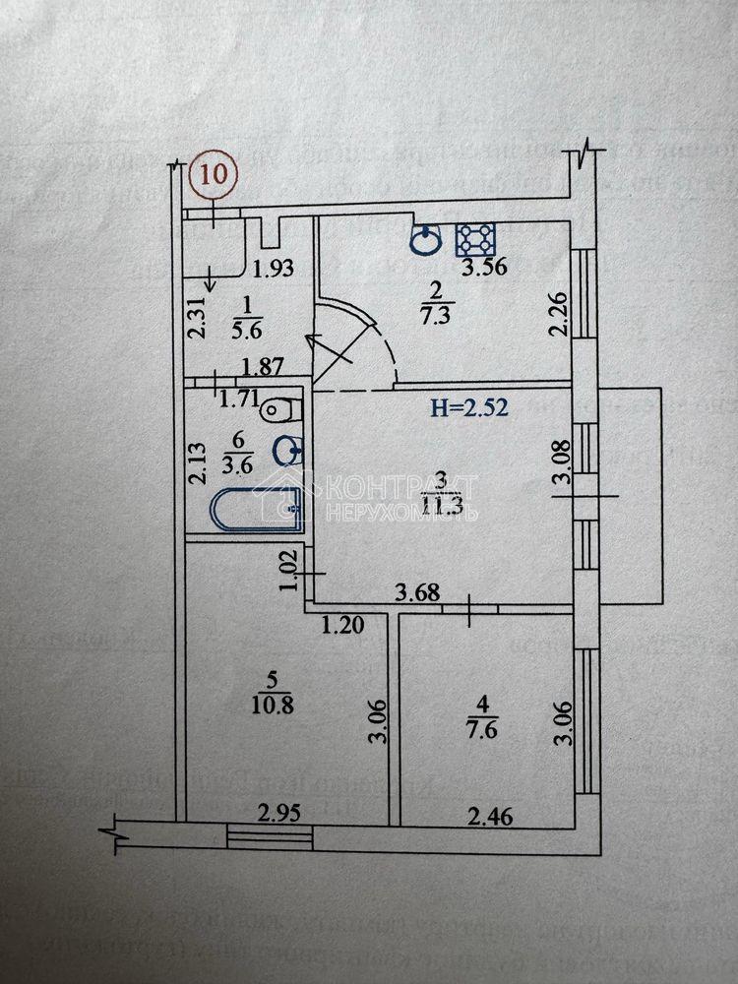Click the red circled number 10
tap(214, 174)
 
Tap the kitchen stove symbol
tap(477, 239)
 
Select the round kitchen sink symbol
tap(425, 239)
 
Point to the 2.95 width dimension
tap(277, 813)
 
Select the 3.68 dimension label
tap(415, 592)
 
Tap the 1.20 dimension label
tap(342, 623)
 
